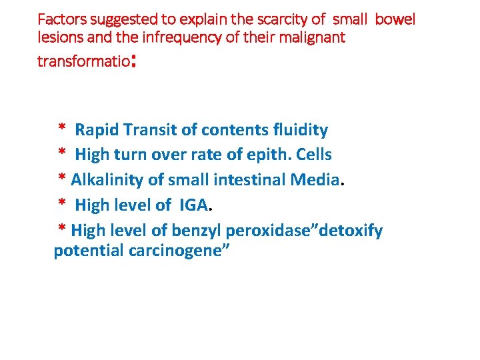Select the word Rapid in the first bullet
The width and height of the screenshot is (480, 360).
pos(95,129)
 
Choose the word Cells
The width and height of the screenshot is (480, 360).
pos(313,155)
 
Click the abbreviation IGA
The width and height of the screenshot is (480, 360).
pos(194,205)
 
